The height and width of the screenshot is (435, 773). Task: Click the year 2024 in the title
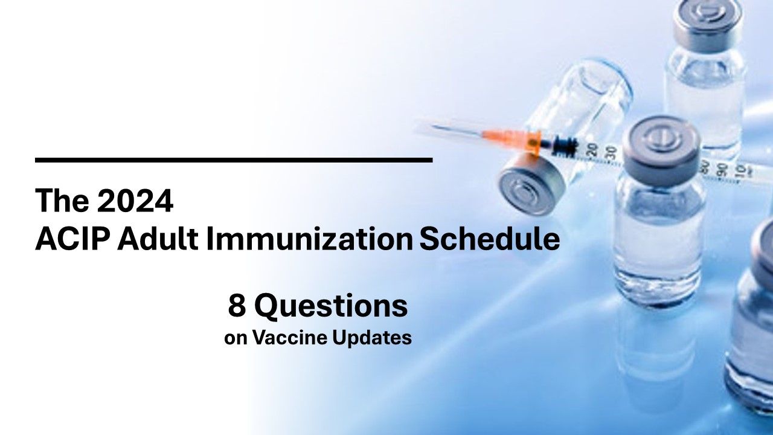pos(135,201)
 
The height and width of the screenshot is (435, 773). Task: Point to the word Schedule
pos(489,240)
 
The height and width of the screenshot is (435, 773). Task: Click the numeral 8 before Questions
pos(236,306)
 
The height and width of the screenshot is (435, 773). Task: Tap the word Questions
pos(330,307)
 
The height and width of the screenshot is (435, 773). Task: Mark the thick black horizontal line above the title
pos(234,160)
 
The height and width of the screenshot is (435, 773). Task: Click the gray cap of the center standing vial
pos(661,140)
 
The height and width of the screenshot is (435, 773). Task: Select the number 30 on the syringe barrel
pos(611,152)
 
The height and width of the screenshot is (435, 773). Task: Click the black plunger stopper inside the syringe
pos(565,144)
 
